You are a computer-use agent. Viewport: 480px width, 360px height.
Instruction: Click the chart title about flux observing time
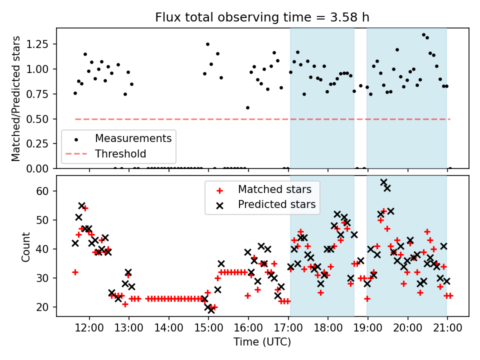262,18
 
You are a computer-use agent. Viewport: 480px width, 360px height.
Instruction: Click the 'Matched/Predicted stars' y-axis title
16,98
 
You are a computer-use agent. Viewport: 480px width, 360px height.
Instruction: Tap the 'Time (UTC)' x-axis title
262,342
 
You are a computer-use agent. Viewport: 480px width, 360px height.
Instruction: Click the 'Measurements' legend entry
133,138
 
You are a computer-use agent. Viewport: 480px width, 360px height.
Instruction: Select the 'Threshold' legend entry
120,154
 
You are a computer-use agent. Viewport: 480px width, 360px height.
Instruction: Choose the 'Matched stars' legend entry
274,189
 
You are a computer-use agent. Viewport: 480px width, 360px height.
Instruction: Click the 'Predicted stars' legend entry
276,204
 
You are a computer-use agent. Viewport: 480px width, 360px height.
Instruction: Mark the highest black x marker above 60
383,182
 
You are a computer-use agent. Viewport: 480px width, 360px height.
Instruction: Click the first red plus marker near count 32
75,272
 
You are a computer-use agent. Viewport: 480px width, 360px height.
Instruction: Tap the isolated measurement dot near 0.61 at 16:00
247,107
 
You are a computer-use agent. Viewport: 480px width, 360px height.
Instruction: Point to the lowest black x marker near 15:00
211,309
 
